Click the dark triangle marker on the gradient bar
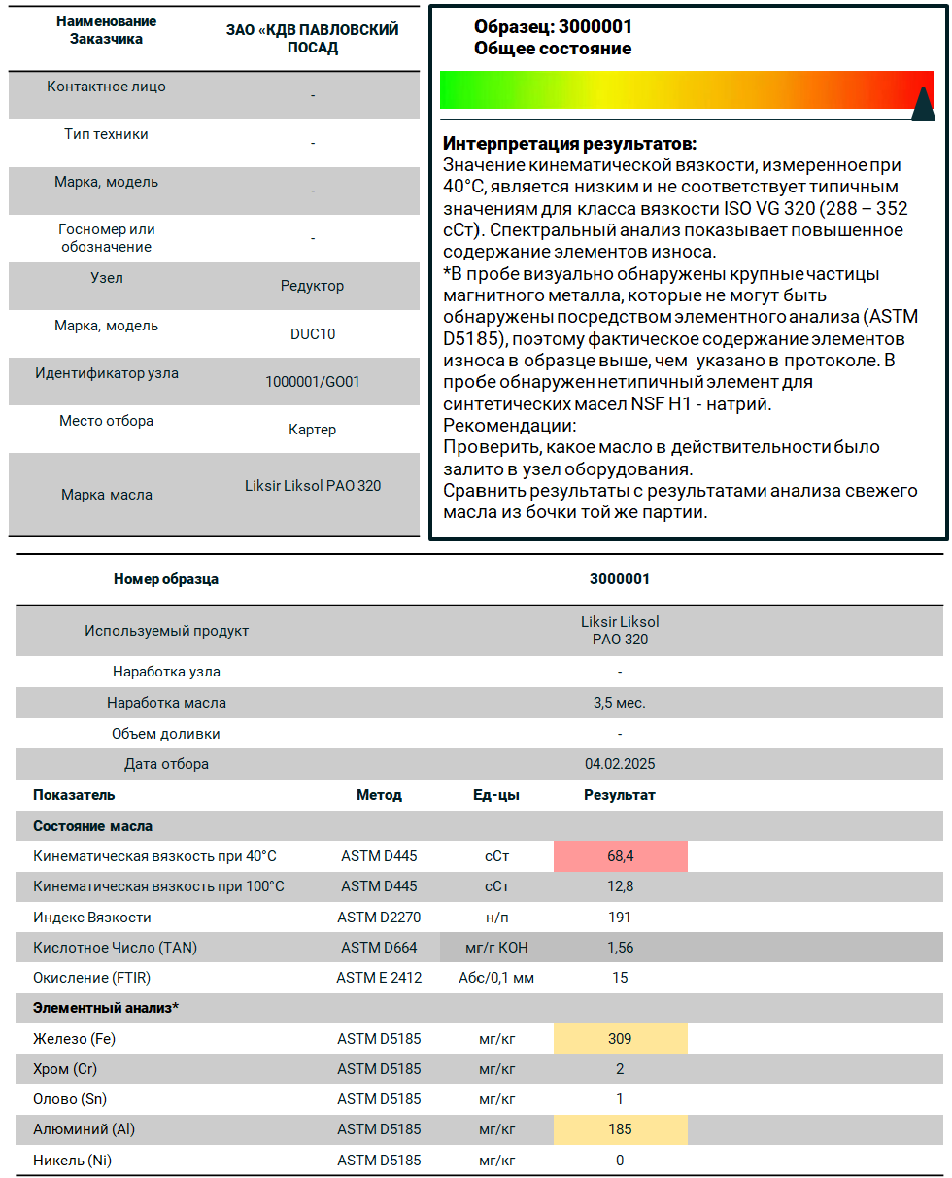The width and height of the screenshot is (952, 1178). pos(923,104)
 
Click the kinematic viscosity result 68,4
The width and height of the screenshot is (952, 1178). pos(620,856)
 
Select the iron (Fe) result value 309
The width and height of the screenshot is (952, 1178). pos(620,1039)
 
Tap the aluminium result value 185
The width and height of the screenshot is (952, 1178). pos(620,1129)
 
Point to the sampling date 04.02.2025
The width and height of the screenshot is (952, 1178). pos(620,764)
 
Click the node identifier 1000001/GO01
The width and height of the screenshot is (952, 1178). pos(313,382)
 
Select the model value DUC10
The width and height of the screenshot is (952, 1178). pos(313,334)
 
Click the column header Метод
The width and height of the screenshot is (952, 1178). pos(379,795)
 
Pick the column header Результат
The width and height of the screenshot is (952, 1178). pos(620,795)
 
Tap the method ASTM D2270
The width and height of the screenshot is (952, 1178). pos(379,918)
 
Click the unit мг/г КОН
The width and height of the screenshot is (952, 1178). pos(496,948)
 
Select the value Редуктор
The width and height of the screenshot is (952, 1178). pos(313,286)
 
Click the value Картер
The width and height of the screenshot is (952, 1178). pos(313,430)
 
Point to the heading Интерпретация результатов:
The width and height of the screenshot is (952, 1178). pos(569,143)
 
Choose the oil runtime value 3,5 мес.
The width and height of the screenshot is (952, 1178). pos(620,703)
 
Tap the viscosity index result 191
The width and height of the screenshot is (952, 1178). pos(620,918)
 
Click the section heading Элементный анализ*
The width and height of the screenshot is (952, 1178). pos(106,1008)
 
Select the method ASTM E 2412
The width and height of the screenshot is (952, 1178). pos(379,978)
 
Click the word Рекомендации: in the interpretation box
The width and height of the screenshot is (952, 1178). pos(509,426)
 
